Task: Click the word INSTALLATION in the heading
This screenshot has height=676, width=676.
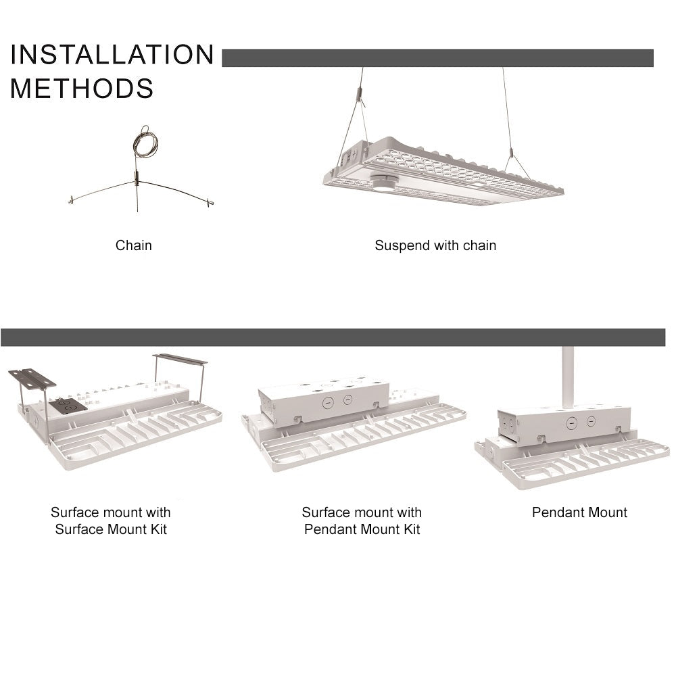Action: tap(112, 55)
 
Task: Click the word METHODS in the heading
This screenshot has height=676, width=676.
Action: tap(82, 89)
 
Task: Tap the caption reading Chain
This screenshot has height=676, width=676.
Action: tap(133, 245)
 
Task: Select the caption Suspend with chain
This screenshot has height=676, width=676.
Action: tap(435, 245)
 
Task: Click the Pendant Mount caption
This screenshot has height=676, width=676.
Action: tap(579, 512)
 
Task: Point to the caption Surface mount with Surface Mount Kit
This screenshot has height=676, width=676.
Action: tap(111, 521)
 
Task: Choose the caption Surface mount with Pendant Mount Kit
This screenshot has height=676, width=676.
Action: tap(362, 521)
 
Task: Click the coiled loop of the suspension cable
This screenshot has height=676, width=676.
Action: tap(145, 142)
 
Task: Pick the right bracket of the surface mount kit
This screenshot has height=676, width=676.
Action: tap(180, 359)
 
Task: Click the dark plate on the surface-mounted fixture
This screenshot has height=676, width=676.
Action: tap(68, 406)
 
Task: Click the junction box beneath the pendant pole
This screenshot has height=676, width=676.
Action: tap(564, 425)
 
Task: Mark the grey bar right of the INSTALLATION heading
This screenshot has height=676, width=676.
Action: tap(437, 58)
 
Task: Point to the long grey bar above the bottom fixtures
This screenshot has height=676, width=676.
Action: tap(333, 337)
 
